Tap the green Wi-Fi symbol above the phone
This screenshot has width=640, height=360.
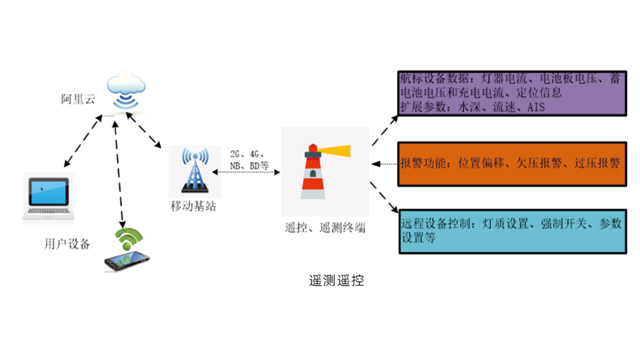[127, 239]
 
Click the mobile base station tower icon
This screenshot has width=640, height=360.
[194, 171]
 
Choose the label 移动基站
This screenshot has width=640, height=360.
[193, 207]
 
